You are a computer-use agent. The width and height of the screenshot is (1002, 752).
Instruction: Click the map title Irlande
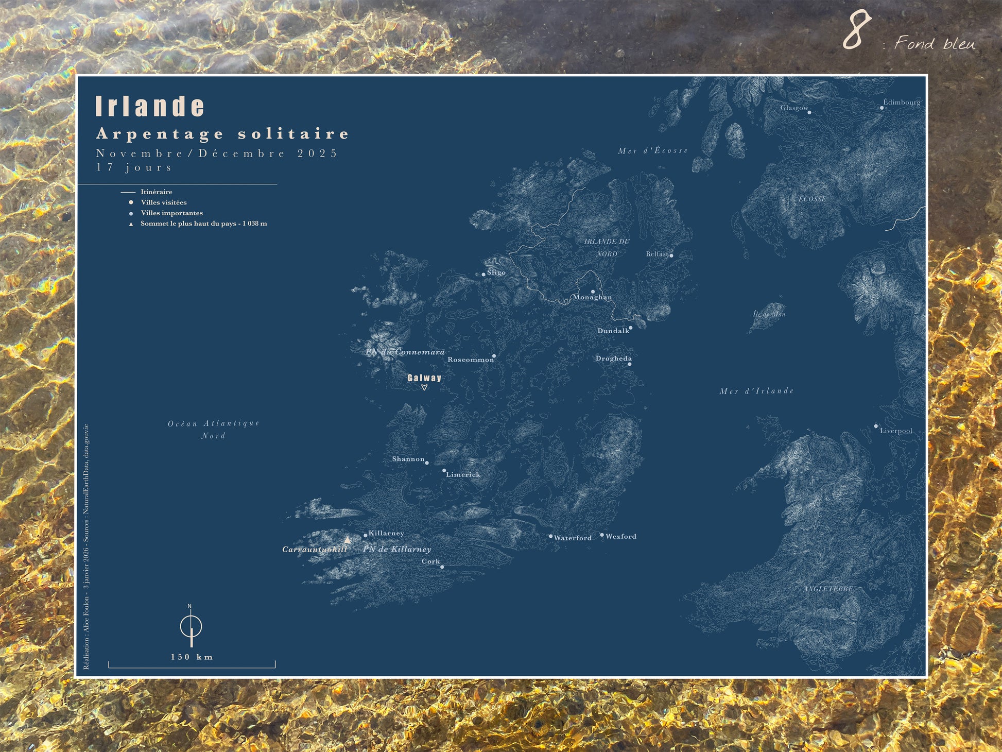150,106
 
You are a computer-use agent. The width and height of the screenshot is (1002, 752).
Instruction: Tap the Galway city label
424,378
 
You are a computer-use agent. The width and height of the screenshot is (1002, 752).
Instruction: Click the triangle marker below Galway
424,388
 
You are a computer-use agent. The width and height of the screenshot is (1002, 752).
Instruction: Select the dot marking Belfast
671,255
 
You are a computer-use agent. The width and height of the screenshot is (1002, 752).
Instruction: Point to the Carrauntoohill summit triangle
348,540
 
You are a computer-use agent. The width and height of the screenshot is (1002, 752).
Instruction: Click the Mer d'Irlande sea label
756,391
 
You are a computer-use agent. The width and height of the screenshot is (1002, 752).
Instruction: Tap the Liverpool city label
896,431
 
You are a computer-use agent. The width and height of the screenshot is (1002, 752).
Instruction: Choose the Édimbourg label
902,102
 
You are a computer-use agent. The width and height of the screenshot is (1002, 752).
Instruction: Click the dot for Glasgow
809,112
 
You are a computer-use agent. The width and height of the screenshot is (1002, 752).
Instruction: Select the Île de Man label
769,314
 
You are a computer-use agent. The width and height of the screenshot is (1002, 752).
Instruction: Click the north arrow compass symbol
191,627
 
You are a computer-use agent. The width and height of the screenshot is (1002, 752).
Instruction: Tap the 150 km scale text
192,657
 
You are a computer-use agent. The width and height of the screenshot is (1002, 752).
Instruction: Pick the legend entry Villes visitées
164,202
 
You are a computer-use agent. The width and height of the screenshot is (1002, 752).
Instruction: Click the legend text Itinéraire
157,192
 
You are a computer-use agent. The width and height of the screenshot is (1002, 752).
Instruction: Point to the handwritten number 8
856,31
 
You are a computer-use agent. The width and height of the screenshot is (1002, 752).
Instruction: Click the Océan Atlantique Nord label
214,430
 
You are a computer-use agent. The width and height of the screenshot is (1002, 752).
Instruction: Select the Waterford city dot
550,536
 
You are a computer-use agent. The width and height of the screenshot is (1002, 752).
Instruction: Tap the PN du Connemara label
405,352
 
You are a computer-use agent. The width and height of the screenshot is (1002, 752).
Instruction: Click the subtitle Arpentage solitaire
222,134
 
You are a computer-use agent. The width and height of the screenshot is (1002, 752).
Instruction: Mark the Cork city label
430,561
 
